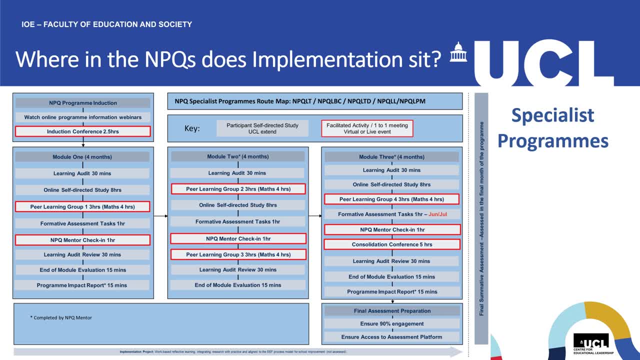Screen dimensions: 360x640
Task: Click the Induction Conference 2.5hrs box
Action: tap(82, 131)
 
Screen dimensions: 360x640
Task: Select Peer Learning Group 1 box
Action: tap(82, 206)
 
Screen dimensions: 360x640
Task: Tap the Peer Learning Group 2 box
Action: tap(238, 189)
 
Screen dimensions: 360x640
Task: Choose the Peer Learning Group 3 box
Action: tap(238, 254)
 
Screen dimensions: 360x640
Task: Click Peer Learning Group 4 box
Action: tap(391, 199)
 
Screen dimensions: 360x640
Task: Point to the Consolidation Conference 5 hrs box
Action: tap(391, 244)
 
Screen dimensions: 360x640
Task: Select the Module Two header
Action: tap(238, 156)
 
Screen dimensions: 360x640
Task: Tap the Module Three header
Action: tap(391, 157)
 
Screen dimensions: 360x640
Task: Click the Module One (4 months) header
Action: tap(82, 157)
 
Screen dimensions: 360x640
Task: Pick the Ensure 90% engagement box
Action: tap(391, 323)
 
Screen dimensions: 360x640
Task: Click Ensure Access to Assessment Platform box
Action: tap(391, 337)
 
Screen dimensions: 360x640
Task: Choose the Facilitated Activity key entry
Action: tap(367, 128)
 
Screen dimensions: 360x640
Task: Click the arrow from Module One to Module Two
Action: tap(160, 216)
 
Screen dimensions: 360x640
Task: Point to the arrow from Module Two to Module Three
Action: tap(315, 216)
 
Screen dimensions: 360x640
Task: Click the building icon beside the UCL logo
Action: tap(457, 52)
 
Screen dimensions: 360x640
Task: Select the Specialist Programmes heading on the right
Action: tap(552, 128)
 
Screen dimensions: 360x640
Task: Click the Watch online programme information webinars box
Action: tap(82, 117)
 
